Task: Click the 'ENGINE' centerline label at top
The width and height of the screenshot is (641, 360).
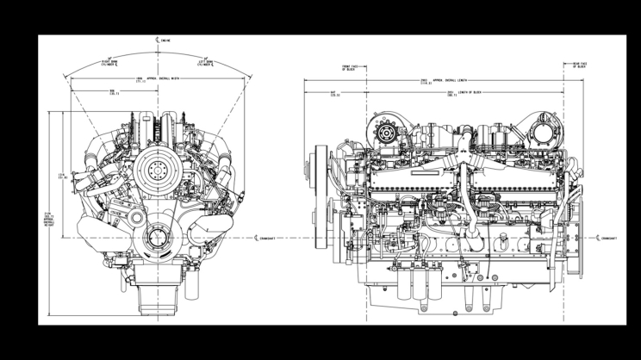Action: click(164, 40)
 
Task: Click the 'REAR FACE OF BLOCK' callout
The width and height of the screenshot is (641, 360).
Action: click(581, 65)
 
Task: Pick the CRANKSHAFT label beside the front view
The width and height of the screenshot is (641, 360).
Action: click(270, 238)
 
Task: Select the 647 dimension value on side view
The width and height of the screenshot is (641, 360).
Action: click(333, 93)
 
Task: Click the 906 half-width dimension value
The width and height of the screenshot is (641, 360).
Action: click(113, 92)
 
